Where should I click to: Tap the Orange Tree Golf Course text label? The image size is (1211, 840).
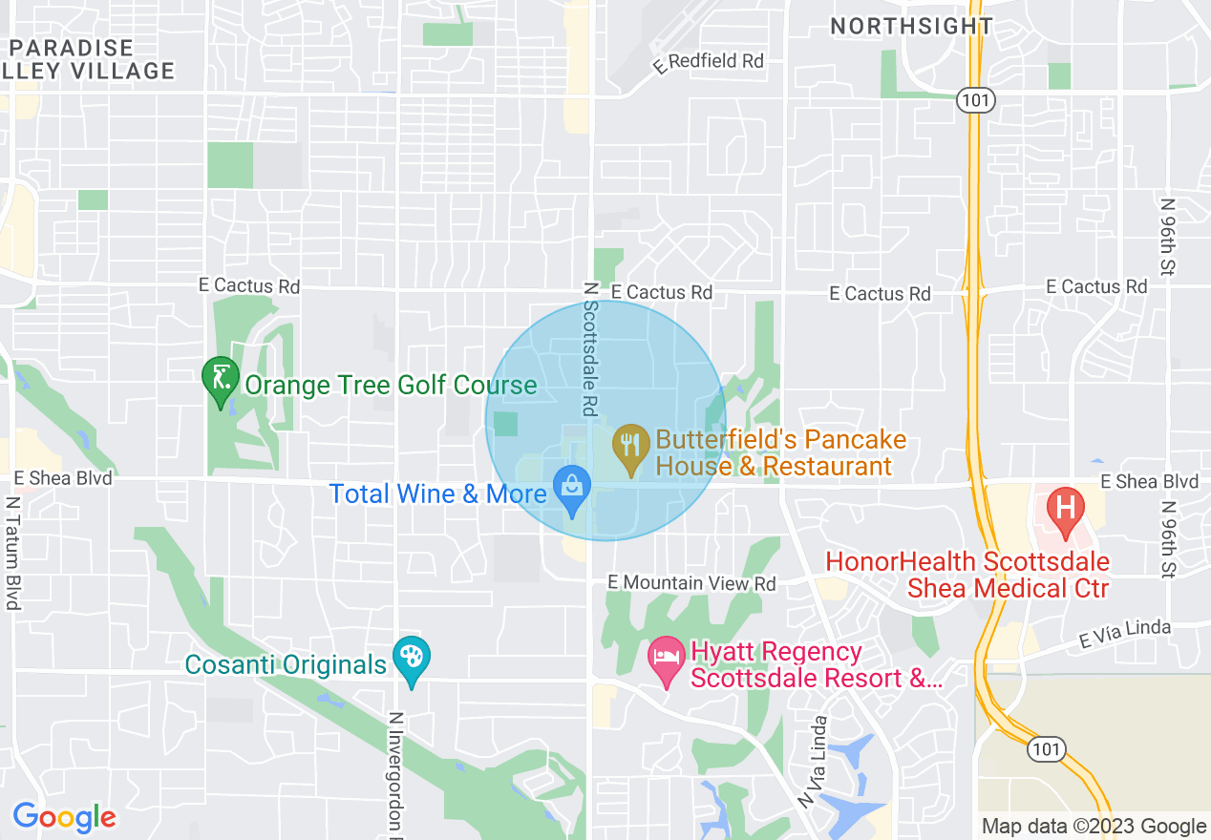[x=391, y=385]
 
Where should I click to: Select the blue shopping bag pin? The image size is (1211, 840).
[x=572, y=488]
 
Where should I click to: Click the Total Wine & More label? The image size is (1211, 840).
[x=437, y=493]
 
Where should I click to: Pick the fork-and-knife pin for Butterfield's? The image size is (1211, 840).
[x=629, y=447]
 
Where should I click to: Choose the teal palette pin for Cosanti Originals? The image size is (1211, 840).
[x=412, y=659]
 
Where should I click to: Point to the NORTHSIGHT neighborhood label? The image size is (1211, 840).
[x=911, y=27]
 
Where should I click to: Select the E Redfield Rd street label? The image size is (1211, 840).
[x=709, y=61]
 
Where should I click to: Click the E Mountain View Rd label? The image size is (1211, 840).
[x=692, y=582]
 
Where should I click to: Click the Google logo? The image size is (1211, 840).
[x=64, y=818]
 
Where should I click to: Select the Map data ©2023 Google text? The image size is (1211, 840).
[x=1094, y=827]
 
